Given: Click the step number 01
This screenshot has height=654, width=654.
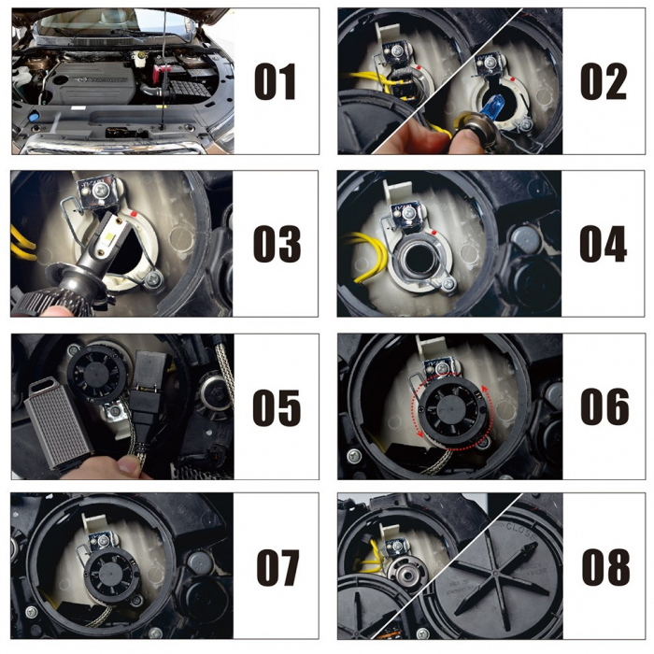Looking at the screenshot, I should [276, 81].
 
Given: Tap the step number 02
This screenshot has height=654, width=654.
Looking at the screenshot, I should [603, 81].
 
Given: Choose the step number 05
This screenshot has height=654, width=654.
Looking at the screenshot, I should [276, 407].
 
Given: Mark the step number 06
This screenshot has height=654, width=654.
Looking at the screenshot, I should [603, 407].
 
